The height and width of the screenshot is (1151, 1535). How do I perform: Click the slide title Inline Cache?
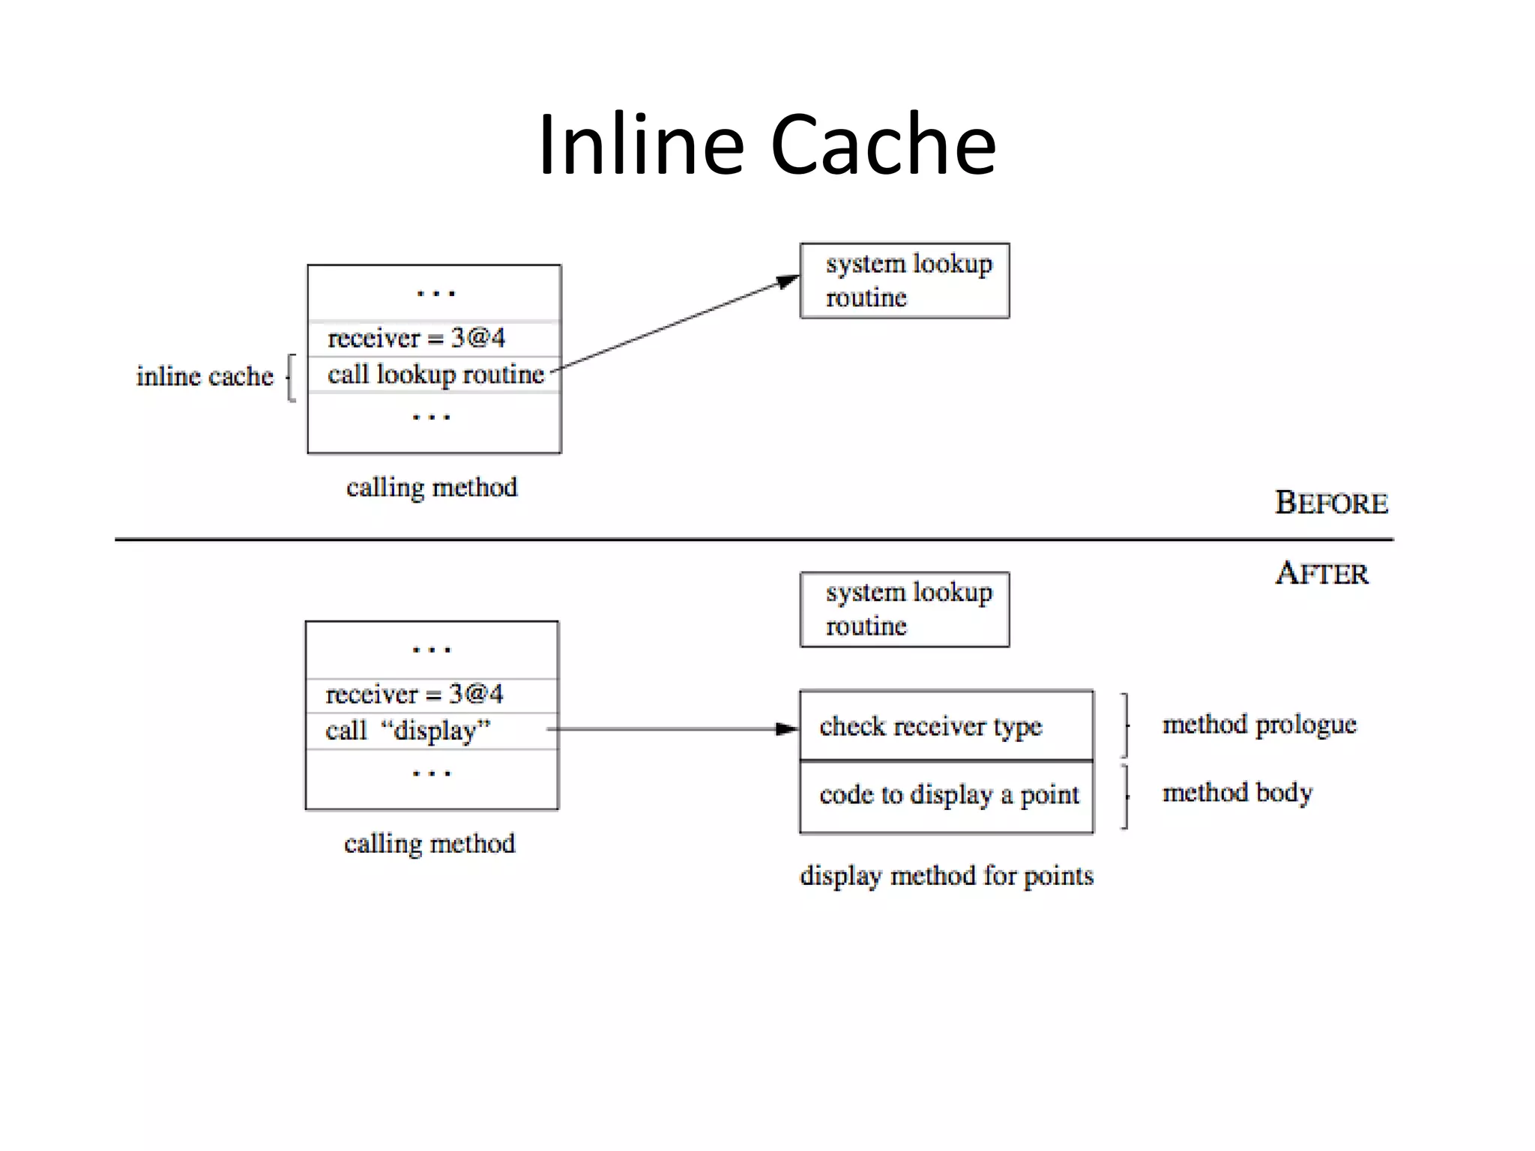tap(767, 144)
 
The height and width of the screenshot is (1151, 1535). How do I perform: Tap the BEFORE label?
tap(1331, 503)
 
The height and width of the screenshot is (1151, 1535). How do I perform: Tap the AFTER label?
tap(1322, 574)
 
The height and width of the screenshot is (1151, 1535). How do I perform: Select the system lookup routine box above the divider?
tap(905, 281)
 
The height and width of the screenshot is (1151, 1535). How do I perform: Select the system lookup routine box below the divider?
tap(905, 609)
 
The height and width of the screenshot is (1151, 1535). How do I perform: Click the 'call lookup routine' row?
tap(435, 374)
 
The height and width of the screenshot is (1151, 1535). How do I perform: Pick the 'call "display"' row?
tap(408, 730)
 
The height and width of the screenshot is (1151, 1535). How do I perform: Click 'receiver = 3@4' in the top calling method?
tap(417, 338)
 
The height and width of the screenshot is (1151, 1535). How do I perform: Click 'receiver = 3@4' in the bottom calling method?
tap(414, 694)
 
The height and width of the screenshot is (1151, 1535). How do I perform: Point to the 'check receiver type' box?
tap(946, 725)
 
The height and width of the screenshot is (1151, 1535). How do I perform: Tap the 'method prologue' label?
tap(1259, 725)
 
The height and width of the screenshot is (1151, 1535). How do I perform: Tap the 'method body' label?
tap(1237, 793)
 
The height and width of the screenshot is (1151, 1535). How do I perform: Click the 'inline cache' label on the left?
tap(205, 376)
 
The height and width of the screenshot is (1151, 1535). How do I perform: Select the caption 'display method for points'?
tap(947, 875)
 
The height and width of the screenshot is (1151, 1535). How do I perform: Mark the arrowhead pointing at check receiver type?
tap(787, 728)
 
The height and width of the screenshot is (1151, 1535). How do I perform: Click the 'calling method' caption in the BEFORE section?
tap(432, 488)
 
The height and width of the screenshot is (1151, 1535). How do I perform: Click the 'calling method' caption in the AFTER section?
tap(429, 844)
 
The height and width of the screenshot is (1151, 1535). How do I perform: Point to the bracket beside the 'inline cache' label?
tap(292, 378)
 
